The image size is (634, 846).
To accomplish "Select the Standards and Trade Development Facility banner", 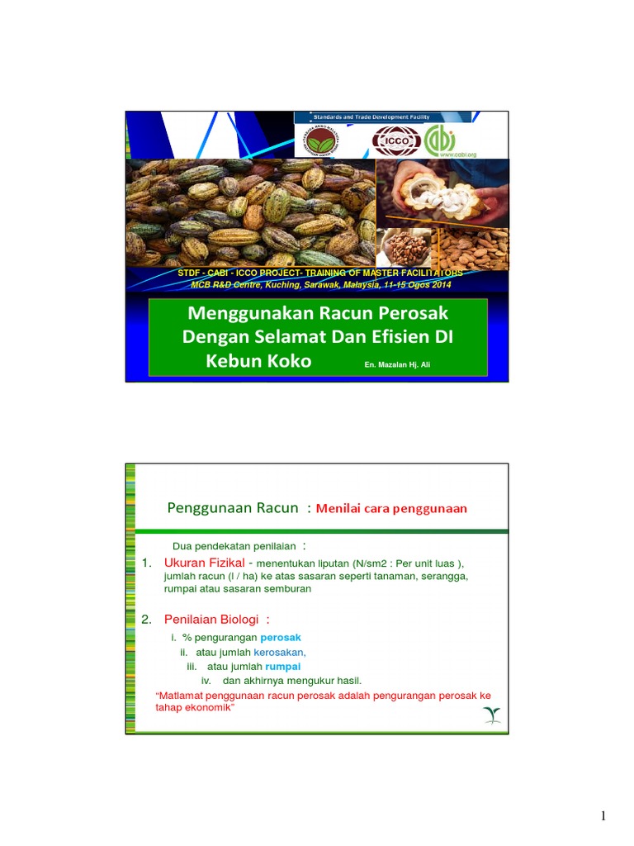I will [x=382, y=117].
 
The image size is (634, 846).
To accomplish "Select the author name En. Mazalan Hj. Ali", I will [x=397, y=364].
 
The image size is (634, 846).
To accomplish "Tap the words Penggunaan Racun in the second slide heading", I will [x=232, y=508].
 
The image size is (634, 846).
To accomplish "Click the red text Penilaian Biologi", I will [x=211, y=620].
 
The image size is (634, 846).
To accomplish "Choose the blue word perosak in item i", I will [x=281, y=638].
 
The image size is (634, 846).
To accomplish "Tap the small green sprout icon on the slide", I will [x=492, y=715].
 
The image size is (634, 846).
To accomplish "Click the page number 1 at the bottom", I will [x=603, y=817].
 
